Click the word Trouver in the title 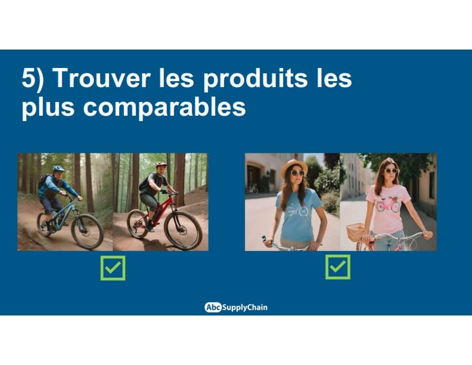(x=102, y=78)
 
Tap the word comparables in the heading (x=164, y=108)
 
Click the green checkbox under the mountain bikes (x=113, y=268)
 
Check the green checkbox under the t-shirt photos (x=338, y=267)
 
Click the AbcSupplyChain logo (x=236, y=307)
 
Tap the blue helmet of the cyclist (x=58, y=168)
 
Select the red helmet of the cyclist (x=161, y=165)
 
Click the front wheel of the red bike (x=183, y=230)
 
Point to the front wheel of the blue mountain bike (x=87, y=231)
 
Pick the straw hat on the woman (x=294, y=167)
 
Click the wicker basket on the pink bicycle (x=356, y=232)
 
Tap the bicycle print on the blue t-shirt (x=297, y=210)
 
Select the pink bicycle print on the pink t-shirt (x=389, y=205)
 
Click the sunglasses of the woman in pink (x=392, y=171)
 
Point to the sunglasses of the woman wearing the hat (x=297, y=173)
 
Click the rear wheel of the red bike (x=137, y=224)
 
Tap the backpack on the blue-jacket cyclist (x=44, y=181)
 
